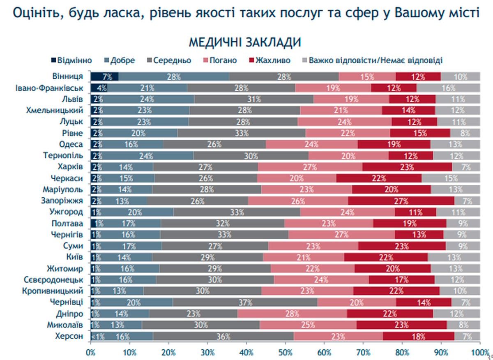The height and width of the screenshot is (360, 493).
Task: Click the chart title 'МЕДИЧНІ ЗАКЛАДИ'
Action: click(245, 43)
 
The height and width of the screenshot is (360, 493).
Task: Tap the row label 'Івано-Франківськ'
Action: click(50, 88)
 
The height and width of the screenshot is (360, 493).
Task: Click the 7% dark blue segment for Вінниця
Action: click(104, 76)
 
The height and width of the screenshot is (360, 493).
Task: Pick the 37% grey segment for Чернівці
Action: click(245, 302)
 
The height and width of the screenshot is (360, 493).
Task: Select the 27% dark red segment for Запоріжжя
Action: click(401, 201)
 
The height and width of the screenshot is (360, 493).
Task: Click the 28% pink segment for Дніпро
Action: click(292, 314)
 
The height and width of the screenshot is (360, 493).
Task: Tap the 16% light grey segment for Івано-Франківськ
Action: click(448, 88)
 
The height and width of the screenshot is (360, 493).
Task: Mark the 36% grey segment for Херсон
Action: click(223, 336)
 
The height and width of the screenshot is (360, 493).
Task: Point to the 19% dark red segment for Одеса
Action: click(394, 144)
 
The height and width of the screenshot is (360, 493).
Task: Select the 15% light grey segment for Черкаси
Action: click(451, 178)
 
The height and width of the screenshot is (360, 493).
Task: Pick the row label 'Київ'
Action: click(74, 257)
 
